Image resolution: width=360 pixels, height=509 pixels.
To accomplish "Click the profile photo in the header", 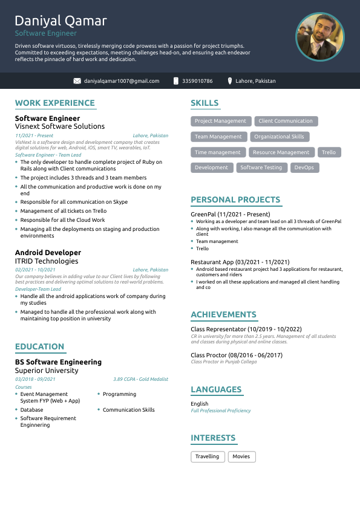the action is point(319,37).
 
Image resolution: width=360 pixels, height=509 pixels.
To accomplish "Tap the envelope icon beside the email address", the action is point(77,81).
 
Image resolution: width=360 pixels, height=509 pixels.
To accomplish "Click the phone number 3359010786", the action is point(197,81).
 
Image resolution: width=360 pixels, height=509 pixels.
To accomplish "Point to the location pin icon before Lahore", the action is point(230,81).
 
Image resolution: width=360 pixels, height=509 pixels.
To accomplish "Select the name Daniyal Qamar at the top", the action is point(61,21).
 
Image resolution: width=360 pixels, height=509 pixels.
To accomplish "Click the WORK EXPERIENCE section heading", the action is point(54,103).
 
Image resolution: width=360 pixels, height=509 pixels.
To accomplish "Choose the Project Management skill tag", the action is point(220,121).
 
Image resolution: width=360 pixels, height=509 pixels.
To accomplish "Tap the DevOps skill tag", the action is point(304,167).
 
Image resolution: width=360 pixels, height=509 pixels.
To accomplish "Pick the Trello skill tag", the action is point(329,152).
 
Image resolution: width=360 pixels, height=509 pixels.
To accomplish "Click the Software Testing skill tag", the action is point(261,167).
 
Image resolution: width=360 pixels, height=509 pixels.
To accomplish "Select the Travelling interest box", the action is point(208,456).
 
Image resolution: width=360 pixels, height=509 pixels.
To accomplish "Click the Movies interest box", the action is point(241,456).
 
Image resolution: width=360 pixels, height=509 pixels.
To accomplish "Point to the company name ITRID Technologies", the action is point(47,261).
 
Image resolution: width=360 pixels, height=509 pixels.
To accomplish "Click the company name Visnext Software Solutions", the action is point(60,127).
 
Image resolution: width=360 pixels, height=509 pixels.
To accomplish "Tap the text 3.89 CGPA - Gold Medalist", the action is point(140,379).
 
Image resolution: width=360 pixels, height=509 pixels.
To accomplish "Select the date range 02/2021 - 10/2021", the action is point(35,270).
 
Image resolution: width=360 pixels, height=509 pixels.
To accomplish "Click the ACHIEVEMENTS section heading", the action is point(223,315).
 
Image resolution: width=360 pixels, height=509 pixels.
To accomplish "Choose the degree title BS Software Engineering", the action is point(58,362).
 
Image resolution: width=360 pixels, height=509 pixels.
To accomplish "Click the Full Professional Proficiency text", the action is point(220,410).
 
